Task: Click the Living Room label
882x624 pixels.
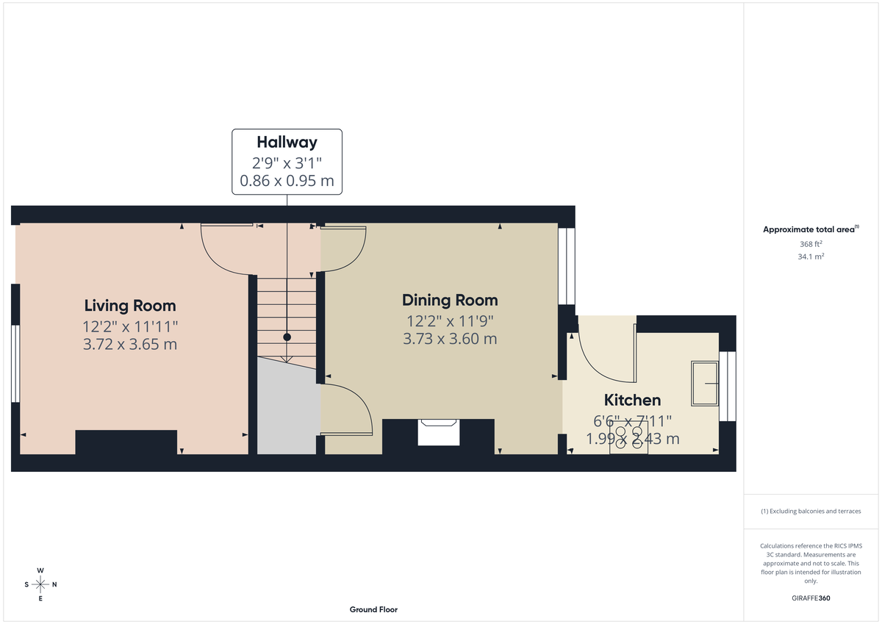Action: point(130,306)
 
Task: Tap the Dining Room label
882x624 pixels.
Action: point(450,300)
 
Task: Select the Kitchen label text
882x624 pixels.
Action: point(632,401)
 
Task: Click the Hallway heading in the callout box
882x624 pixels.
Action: point(287,142)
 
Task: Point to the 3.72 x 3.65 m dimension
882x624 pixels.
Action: point(130,344)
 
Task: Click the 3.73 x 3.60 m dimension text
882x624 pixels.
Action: point(450,339)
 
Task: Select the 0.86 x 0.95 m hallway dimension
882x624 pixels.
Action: point(287,180)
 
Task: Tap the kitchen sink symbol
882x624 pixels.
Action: point(704,384)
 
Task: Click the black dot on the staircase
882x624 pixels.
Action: point(287,337)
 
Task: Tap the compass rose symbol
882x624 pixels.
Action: point(40,584)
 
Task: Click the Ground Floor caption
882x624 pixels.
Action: point(373,609)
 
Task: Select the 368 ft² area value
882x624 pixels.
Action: point(810,244)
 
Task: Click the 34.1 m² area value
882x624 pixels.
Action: point(810,257)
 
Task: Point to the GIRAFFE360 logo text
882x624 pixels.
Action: point(810,598)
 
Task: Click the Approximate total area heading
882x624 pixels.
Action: point(808,230)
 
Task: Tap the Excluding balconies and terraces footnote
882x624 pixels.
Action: point(810,511)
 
